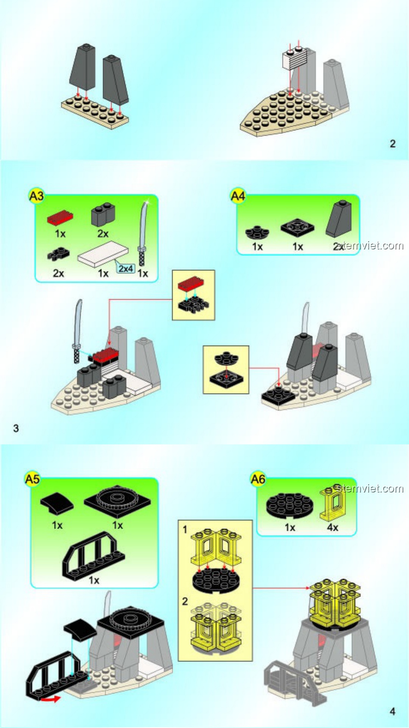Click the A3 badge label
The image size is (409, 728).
coord(36,196)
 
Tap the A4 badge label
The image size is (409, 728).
coord(238,196)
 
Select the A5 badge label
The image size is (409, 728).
coord(32,479)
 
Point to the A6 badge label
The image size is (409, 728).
coord(258,479)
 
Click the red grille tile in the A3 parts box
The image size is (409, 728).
coord(60,218)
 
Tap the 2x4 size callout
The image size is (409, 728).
coord(126,268)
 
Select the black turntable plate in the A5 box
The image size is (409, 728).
coord(117,500)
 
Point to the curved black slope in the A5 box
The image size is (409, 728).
coord(57,503)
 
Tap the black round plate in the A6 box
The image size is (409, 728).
coord(290,505)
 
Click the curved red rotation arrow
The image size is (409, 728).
coord(51,699)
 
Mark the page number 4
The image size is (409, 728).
coord(392,711)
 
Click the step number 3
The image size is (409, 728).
coord(16,428)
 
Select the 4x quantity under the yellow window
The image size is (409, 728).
coord(333,527)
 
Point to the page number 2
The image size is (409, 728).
coord(393,144)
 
